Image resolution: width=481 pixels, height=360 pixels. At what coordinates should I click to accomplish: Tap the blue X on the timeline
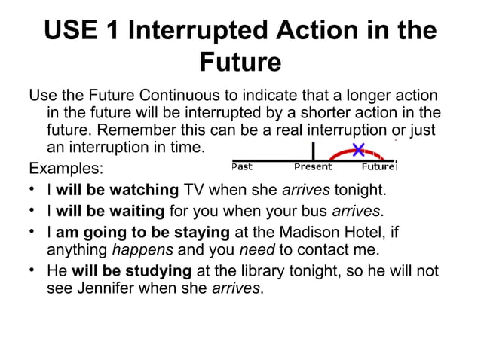[358, 149]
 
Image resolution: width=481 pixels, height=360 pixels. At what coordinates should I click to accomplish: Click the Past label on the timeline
[242, 166]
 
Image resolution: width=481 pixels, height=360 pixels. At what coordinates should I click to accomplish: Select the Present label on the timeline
[313, 166]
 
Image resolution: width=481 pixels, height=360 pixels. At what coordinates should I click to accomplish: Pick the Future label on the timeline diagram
[377, 166]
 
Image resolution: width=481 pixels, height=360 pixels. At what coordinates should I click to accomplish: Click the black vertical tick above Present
[313, 150]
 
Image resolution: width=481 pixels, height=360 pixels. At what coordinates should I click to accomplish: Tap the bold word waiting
[138, 209]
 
